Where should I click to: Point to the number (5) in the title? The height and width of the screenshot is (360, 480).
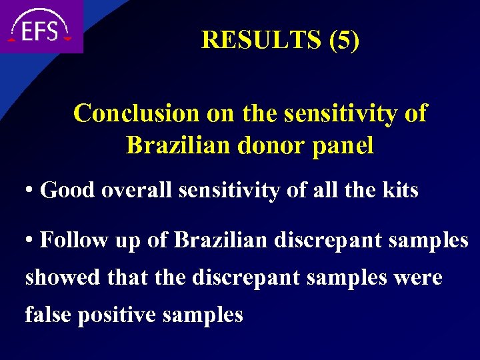coord(344,40)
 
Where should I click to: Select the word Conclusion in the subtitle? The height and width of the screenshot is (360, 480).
coord(137,113)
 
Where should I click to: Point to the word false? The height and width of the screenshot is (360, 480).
coord(49,314)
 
